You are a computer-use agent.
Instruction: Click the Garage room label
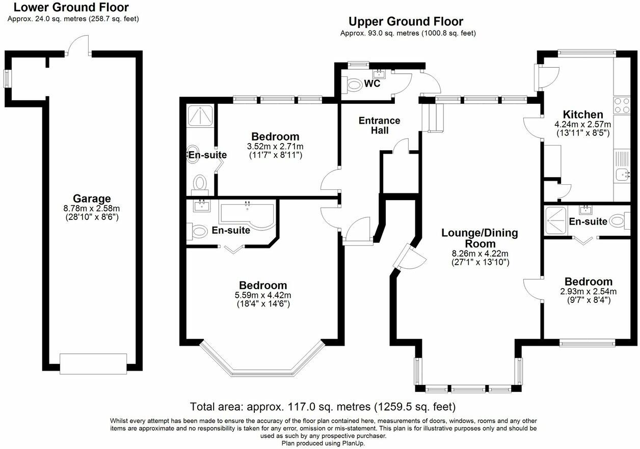tap(92, 199)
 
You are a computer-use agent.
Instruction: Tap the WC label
tap(372, 83)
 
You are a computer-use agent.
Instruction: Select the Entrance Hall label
tap(380, 125)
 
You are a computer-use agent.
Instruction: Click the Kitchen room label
tap(583, 115)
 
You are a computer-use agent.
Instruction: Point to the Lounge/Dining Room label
tap(479, 238)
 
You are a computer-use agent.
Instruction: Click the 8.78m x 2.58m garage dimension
tap(92, 208)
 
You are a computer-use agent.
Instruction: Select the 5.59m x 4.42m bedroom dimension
tap(263, 295)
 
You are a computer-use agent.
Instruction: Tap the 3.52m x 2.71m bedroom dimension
tap(275, 147)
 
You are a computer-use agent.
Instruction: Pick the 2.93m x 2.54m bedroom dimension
tap(589, 292)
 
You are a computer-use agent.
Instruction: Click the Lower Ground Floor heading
tap(71, 8)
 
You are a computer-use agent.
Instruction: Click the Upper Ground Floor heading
tap(406, 21)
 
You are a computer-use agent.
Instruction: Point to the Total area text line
tap(323, 407)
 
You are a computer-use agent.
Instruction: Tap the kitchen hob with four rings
tap(622, 105)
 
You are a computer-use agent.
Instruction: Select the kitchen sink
tap(623, 175)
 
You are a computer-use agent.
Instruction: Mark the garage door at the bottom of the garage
tap(93, 363)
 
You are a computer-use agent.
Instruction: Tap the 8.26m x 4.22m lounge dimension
tap(479, 254)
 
